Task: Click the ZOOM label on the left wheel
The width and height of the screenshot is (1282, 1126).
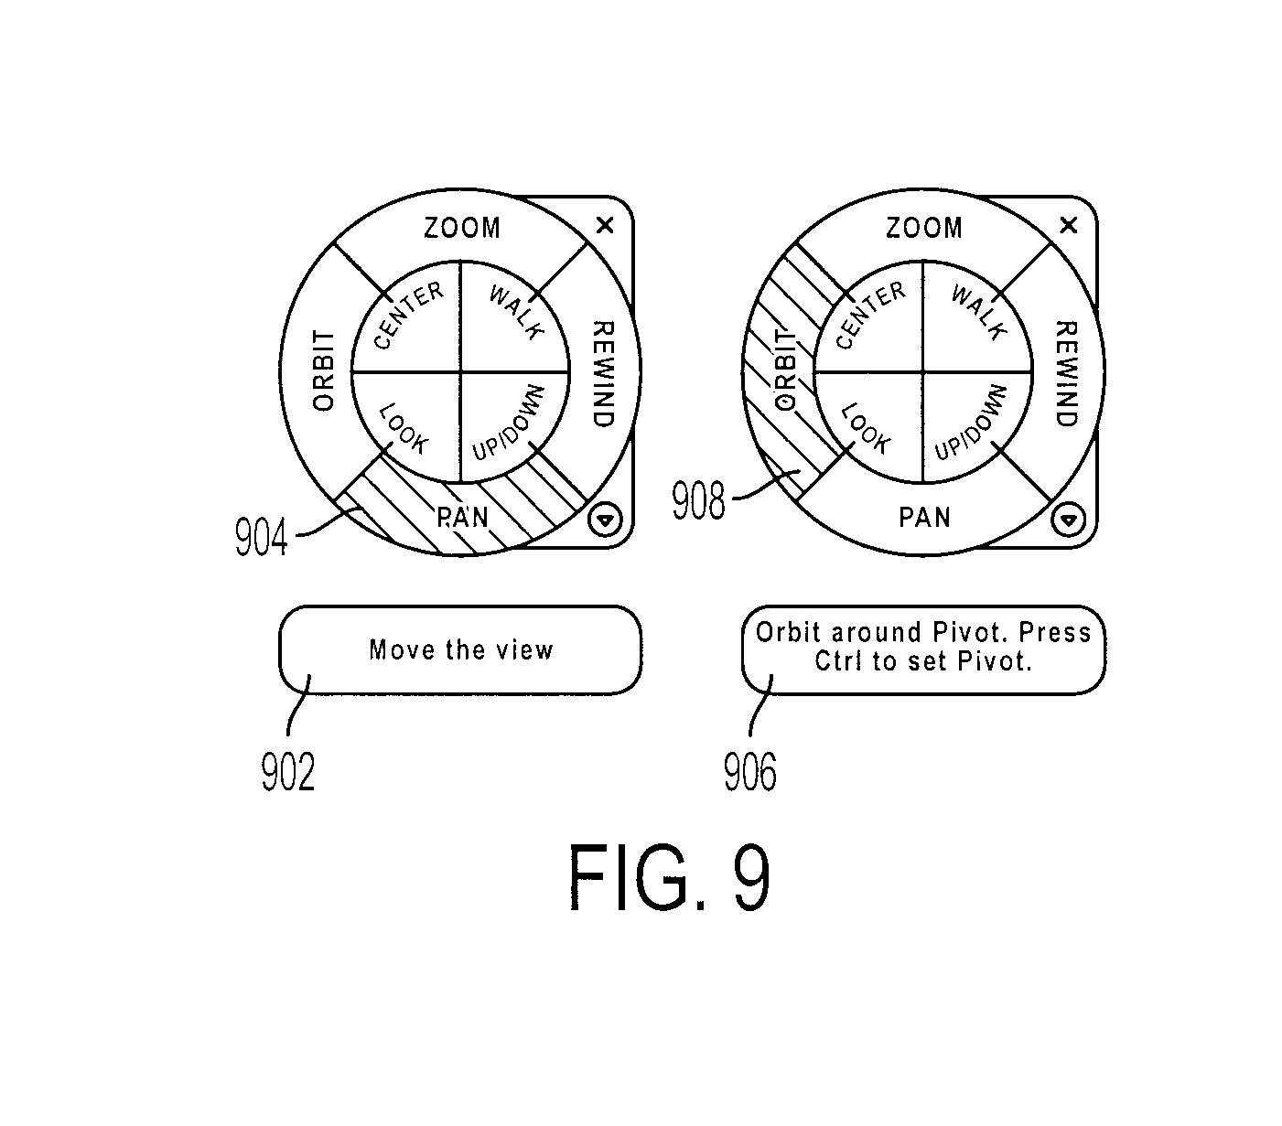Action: pos(462,228)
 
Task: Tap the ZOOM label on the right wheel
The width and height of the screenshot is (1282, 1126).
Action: pos(924,228)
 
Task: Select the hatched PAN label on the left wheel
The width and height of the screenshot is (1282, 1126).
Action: pos(462,518)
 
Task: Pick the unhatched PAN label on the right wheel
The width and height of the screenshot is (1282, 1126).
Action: pos(924,518)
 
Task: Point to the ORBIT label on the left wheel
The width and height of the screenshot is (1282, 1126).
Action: pos(323,370)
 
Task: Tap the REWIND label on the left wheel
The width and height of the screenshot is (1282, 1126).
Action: pos(603,374)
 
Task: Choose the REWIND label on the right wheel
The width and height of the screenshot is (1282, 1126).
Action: pos(1066,374)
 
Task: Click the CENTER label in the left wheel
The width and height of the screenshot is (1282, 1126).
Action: pos(409,315)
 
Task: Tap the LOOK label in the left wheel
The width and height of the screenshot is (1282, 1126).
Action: pos(404,428)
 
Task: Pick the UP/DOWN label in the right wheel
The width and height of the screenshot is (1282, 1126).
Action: pos(970,422)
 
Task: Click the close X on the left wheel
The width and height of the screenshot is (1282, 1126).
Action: pos(605,225)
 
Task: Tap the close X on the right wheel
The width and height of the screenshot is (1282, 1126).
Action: pos(1068,225)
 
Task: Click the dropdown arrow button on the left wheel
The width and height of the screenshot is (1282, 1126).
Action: pos(605,520)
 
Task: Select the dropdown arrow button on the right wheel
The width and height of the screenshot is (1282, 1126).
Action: pos(1068,520)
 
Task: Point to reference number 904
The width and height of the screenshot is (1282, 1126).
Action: pos(262,537)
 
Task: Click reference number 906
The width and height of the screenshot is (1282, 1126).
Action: pos(749,772)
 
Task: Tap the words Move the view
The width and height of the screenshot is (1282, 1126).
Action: pos(461,649)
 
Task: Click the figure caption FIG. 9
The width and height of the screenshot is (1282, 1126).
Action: pos(669,878)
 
